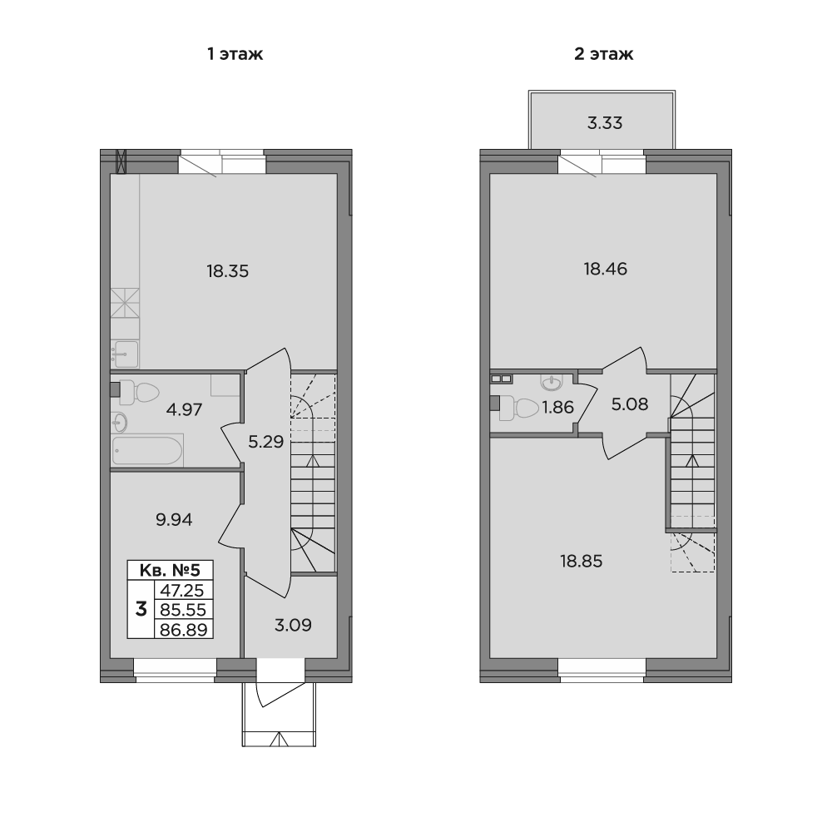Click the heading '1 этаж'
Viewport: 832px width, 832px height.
point(235,54)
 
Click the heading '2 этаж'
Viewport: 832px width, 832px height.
point(604,54)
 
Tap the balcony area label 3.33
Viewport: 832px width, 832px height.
point(605,123)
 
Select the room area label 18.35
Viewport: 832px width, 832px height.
point(228,271)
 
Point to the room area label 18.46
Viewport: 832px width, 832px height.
point(606,269)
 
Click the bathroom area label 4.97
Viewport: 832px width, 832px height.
point(184,409)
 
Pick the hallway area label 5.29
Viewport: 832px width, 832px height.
point(266,442)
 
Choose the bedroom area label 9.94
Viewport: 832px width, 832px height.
point(174,519)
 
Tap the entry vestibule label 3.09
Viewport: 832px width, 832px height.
point(293,625)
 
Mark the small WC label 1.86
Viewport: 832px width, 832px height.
point(557,408)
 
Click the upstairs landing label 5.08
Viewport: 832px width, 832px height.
point(630,404)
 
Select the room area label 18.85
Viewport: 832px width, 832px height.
point(582,562)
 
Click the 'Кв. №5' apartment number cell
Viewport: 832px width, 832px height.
point(170,571)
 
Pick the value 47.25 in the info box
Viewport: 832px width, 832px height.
point(183,590)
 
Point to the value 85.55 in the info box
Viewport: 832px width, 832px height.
point(183,610)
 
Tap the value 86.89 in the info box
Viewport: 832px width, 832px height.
point(183,629)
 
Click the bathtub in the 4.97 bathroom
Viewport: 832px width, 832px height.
point(147,451)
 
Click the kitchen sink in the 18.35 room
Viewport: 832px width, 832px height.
point(126,354)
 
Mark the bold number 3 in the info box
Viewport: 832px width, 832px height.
point(141,609)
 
